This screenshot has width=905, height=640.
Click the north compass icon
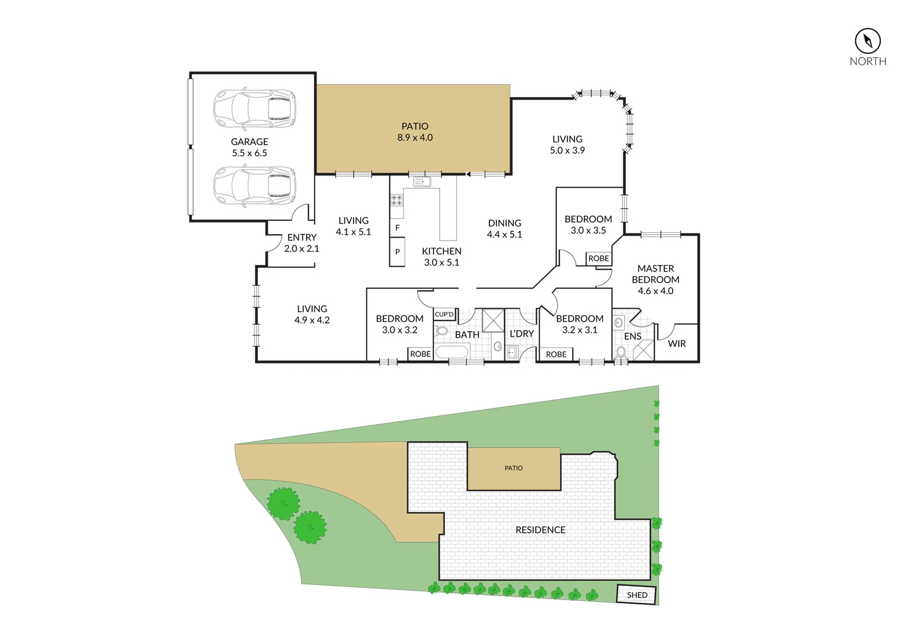(x=867, y=41)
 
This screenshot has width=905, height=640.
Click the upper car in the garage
(x=254, y=108)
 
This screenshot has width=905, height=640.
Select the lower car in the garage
(x=254, y=186)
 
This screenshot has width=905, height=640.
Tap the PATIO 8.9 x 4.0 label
(x=415, y=132)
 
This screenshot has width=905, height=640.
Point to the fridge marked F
(x=397, y=228)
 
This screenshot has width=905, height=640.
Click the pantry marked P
(x=397, y=252)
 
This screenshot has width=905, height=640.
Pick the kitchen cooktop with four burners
(x=396, y=200)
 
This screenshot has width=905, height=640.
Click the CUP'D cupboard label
(x=444, y=314)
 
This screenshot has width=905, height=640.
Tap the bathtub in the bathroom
(x=452, y=353)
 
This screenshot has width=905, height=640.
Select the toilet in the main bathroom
(x=442, y=330)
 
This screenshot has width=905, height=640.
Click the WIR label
(x=677, y=344)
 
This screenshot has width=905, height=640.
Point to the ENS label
(x=632, y=336)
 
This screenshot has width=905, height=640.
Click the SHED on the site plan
(x=637, y=595)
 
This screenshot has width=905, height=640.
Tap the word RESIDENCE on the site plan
(x=540, y=530)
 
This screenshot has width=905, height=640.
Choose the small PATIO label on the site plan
(x=513, y=468)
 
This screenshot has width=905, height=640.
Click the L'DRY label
(x=522, y=334)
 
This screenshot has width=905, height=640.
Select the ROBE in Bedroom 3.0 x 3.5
(x=599, y=258)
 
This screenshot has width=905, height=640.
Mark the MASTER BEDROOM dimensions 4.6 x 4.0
(x=655, y=291)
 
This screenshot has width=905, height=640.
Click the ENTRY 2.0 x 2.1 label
(x=302, y=243)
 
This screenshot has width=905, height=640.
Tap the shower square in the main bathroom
(x=493, y=321)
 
